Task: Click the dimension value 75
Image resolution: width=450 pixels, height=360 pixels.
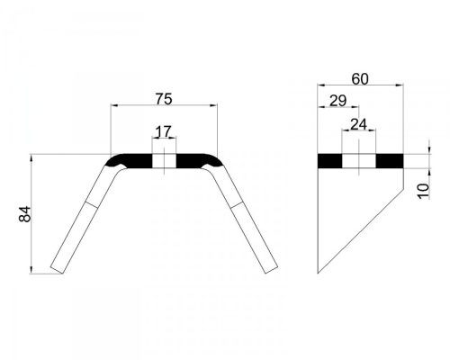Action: point(164,99)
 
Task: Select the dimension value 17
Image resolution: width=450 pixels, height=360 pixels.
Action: point(164,131)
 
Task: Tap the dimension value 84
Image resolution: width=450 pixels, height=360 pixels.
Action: point(25,214)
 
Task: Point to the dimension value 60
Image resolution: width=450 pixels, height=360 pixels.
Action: point(360,79)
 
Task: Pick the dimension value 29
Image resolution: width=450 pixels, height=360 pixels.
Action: point(338,101)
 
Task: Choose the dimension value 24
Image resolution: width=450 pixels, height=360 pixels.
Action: point(358,124)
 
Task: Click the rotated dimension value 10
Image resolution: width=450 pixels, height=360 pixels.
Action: point(424,191)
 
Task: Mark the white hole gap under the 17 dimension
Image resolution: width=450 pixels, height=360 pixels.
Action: point(164,161)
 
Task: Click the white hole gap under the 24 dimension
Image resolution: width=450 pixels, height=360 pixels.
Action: point(359,161)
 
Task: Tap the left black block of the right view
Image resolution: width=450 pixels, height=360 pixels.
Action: point(330,161)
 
